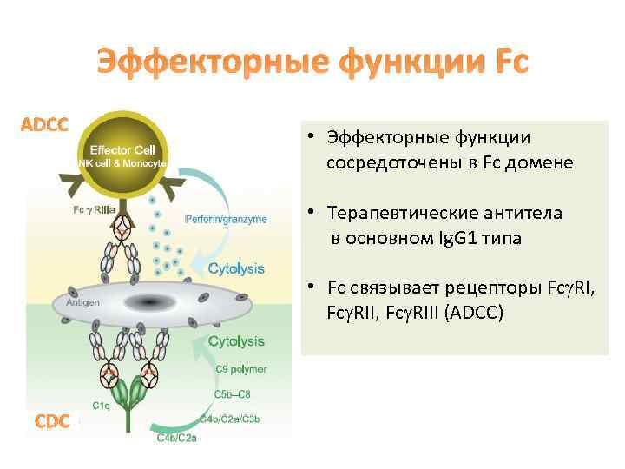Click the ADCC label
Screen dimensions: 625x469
[44, 124]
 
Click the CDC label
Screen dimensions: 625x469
[52, 422]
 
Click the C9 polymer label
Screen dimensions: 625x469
[241, 369]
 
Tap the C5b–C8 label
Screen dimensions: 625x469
[234, 395]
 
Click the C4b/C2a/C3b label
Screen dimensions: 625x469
[233, 420]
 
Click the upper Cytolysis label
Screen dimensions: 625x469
[236, 269]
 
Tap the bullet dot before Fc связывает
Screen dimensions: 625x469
[309, 287]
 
